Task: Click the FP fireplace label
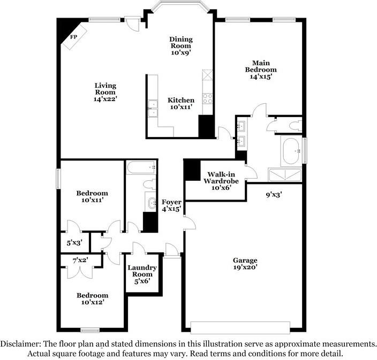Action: point(73,37)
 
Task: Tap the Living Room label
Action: point(105,89)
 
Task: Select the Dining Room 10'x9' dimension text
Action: point(181,52)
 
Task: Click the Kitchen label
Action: point(181,100)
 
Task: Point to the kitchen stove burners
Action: point(207,98)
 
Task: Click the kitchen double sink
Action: point(153,109)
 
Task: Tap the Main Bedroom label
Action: point(261,66)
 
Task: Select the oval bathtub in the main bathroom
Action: point(291,151)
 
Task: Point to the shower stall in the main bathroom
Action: point(285,175)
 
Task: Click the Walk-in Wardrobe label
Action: point(221,178)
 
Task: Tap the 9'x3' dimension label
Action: point(274,195)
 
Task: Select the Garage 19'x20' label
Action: point(245,264)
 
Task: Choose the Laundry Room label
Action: point(142,271)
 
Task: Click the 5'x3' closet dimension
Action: point(74,243)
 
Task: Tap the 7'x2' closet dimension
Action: point(80,260)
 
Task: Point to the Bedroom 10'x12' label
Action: point(92,299)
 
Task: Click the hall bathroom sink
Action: point(152,202)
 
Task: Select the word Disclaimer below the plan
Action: point(20,344)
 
